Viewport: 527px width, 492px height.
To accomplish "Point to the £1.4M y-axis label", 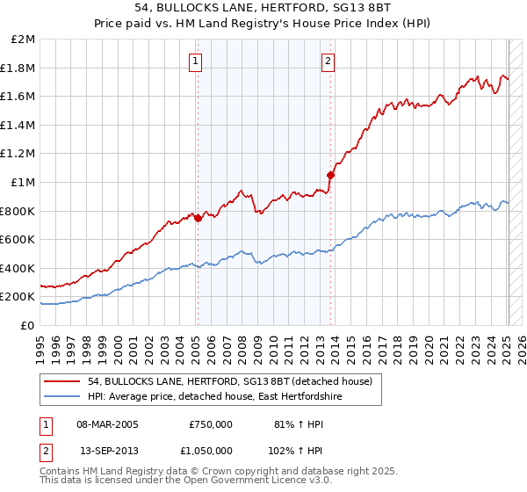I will coord(19,125).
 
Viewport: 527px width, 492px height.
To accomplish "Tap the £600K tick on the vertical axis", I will coord(19,239).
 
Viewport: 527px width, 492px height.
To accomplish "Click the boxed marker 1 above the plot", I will coord(194,61).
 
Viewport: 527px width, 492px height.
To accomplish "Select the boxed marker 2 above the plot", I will coord(328,61).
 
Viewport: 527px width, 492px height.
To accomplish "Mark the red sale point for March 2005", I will coord(198,218).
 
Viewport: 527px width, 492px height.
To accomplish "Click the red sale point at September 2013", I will coord(330,175).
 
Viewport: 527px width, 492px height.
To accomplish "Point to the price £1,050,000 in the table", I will coord(211,449).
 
